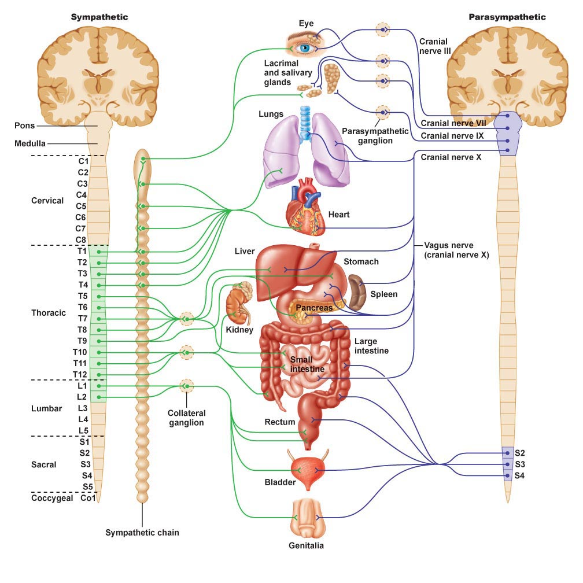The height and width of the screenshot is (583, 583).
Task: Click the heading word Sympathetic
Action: pos(99,17)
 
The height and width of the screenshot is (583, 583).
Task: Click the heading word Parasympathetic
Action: pos(507,17)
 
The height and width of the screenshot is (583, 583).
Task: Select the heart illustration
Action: pos(307,209)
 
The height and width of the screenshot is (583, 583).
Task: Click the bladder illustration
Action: pos(307,464)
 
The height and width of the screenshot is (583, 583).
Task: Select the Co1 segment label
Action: pos(87,497)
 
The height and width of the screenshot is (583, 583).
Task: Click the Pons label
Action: pos(25,125)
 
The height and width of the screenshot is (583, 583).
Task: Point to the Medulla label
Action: pos(30,143)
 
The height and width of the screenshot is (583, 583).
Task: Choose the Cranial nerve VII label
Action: pos(453,123)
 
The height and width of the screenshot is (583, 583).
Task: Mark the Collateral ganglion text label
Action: pos(186,418)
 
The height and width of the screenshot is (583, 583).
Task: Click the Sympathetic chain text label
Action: pos(142,533)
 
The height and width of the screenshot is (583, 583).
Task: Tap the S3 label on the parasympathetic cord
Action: pos(519,464)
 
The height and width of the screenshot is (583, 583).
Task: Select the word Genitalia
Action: pos(306,545)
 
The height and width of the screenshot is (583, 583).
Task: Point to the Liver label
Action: pos(245,252)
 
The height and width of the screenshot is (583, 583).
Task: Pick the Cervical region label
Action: pos(47,201)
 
